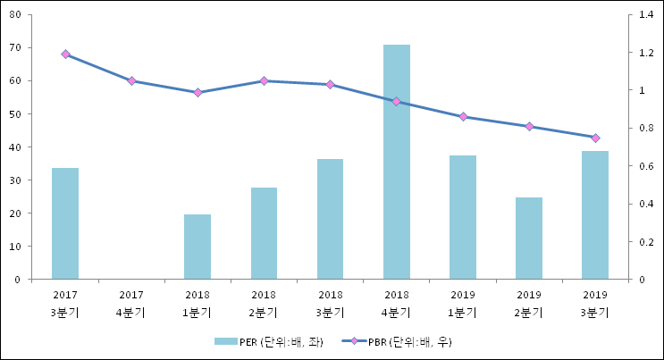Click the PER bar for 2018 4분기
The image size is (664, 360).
click(x=397, y=162)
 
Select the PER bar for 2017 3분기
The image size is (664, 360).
click(x=65, y=223)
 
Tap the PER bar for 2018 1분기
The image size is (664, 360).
click(x=198, y=247)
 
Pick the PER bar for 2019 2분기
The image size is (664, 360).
click(x=529, y=239)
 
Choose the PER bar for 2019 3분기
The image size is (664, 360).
click(x=595, y=215)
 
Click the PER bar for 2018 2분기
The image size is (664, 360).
click(x=264, y=233)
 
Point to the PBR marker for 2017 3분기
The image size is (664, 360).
click(x=65, y=54)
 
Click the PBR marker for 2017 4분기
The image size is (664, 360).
click(x=131, y=80)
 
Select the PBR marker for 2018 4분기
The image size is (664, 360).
click(x=397, y=102)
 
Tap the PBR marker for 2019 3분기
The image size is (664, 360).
click(x=595, y=138)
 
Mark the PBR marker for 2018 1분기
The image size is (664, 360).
click(x=198, y=93)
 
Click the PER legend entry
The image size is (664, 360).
click(x=269, y=341)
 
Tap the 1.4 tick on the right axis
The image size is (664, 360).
click(x=646, y=14)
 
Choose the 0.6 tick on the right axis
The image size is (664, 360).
click(x=646, y=166)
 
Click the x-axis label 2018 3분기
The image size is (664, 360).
click(x=330, y=303)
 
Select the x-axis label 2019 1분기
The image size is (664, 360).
click(x=463, y=303)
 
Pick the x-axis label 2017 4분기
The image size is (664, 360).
click(x=131, y=303)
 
